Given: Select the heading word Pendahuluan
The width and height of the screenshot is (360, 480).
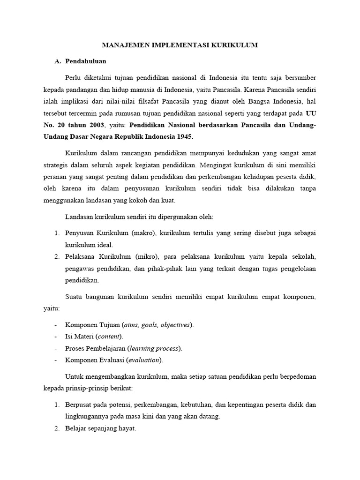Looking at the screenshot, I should [86, 61].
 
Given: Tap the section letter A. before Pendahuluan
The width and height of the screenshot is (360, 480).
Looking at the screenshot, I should [58, 61].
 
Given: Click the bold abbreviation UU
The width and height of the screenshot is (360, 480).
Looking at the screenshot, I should [311, 113].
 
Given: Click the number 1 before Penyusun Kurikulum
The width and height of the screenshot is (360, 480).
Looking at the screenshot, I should [56, 233].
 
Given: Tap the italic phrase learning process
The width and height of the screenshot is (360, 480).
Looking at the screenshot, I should [155, 348].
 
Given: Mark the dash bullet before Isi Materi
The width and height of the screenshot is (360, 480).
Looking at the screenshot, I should [56, 337].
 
